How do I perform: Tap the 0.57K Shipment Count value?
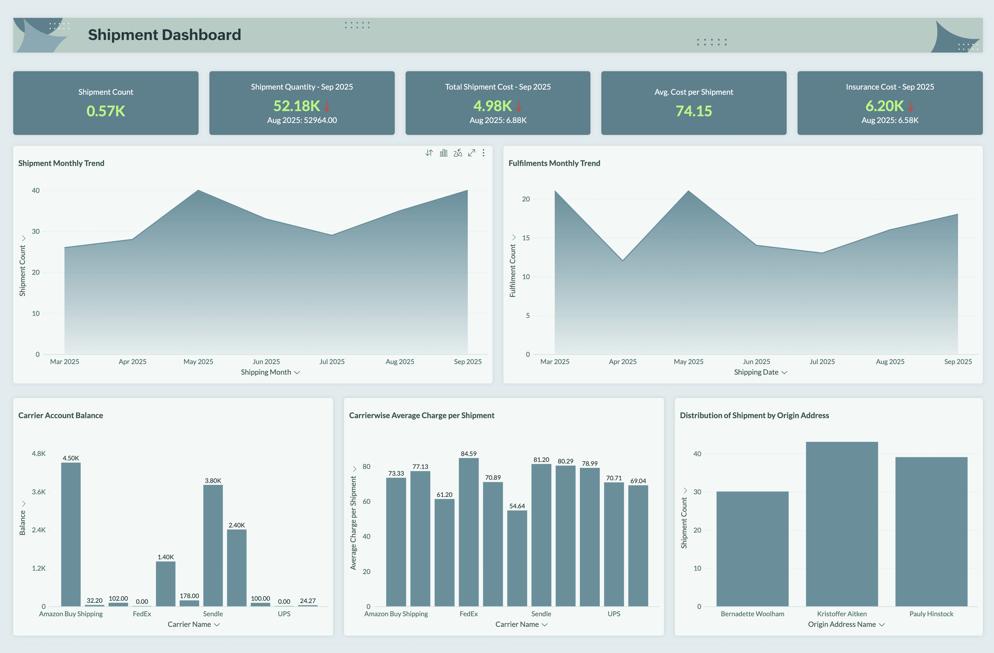(x=106, y=111)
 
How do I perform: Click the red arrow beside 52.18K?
(x=327, y=106)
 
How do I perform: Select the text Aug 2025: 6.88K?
(x=498, y=120)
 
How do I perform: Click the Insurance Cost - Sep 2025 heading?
(x=890, y=87)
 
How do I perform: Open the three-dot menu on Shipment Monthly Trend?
(x=483, y=153)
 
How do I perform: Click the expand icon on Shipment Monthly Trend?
(x=472, y=153)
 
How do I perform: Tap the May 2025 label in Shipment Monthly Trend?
(x=198, y=361)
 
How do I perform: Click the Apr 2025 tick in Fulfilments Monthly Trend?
(x=622, y=361)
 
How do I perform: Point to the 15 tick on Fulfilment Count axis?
(x=526, y=238)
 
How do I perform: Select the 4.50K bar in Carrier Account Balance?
(x=71, y=535)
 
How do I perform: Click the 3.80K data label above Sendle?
(x=213, y=481)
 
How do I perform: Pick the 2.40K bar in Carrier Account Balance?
(x=237, y=568)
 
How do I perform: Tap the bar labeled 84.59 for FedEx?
(x=469, y=533)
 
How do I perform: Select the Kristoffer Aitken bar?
(x=842, y=524)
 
